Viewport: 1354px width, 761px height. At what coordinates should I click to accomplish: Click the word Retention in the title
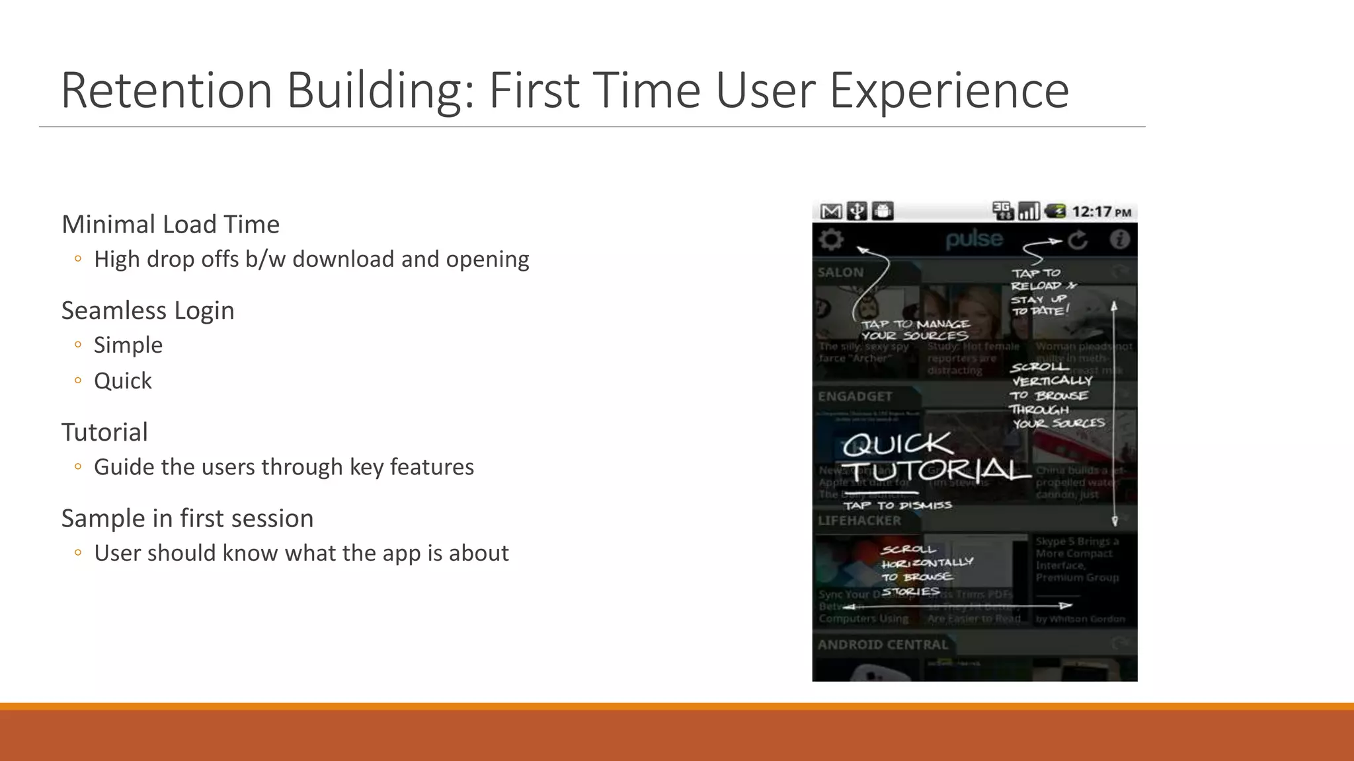pyautogui.click(x=166, y=91)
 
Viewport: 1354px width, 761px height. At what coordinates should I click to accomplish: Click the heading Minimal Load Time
pyautogui.click(x=171, y=225)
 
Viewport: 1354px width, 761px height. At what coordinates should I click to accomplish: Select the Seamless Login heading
pyautogui.click(x=147, y=310)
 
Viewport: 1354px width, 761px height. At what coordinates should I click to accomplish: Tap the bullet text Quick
pyautogui.click(x=123, y=381)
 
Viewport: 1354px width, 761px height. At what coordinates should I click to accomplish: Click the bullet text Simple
pyautogui.click(x=128, y=345)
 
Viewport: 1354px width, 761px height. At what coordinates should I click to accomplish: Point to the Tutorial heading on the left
pyautogui.click(x=104, y=433)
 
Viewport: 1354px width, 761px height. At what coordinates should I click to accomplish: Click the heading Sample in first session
pyautogui.click(x=187, y=519)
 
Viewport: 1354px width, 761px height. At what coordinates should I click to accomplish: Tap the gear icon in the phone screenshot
pyautogui.click(x=831, y=239)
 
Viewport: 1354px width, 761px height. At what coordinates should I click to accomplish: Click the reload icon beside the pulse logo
pyautogui.click(x=1078, y=240)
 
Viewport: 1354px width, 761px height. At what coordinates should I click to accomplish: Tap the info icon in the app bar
pyautogui.click(x=1119, y=239)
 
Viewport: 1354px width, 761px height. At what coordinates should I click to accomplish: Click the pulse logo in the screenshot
pyautogui.click(x=974, y=239)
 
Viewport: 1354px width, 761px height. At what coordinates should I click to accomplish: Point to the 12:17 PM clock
pyautogui.click(x=1101, y=212)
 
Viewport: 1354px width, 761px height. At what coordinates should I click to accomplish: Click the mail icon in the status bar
pyautogui.click(x=830, y=211)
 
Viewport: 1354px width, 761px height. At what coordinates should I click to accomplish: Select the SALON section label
pyautogui.click(x=840, y=272)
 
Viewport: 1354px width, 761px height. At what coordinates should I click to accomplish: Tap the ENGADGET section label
pyautogui.click(x=855, y=396)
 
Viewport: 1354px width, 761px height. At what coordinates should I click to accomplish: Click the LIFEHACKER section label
pyautogui.click(x=859, y=521)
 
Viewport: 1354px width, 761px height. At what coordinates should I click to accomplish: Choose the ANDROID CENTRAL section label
pyautogui.click(x=882, y=645)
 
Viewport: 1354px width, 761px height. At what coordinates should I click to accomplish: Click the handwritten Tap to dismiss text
pyautogui.click(x=897, y=505)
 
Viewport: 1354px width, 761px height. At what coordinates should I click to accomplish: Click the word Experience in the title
pyautogui.click(x=949, y=91)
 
